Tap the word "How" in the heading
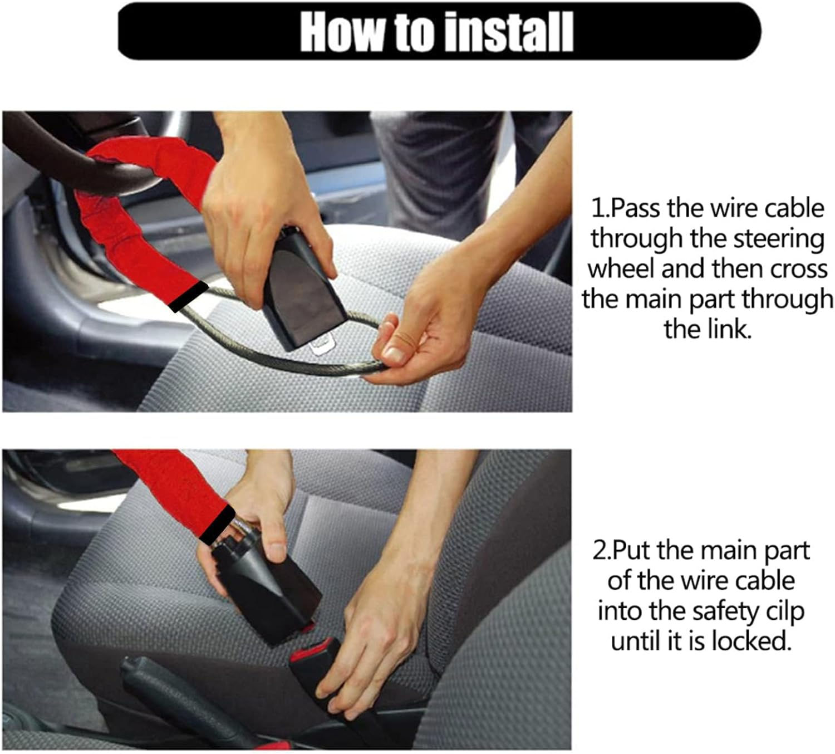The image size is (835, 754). [x=341, y=33]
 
